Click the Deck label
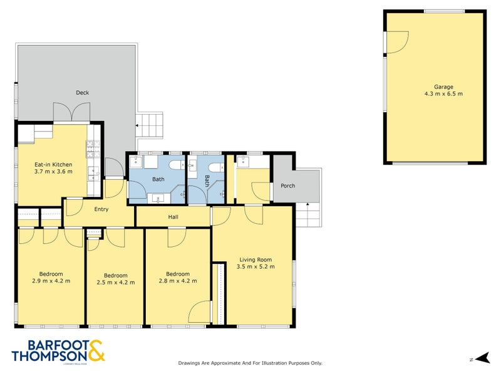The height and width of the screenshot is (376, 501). (82, 93)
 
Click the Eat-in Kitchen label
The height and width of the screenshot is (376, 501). (53, 165)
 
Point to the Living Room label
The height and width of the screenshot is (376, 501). (256, 259)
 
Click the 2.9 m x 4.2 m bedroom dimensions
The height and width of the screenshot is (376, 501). (51, 281)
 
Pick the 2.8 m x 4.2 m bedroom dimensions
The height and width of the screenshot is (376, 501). (178, 281)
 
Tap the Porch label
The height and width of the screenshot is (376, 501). (287, 186)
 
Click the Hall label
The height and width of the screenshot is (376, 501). (173, 217)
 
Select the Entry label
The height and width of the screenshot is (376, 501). (101, 210)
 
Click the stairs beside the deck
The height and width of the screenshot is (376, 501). (150, 126)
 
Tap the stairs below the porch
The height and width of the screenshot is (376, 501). (307, 216)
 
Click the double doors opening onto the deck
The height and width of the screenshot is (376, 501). (67, 113)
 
